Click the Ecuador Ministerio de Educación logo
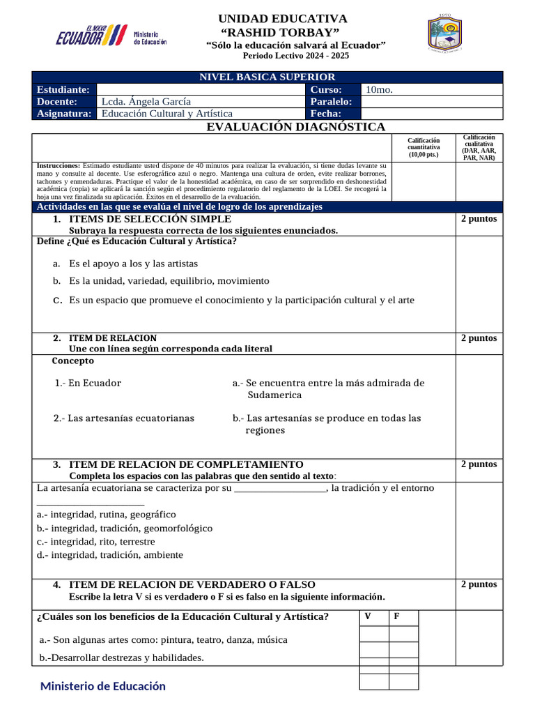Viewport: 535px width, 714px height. pos(111,35)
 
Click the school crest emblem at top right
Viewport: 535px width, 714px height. pos(443,33)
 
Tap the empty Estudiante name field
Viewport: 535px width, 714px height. pos(199,90)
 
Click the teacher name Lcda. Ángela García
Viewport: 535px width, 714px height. pos(146,102)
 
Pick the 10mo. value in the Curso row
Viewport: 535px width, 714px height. pos(380,90)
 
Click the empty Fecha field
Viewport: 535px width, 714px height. pos(431,114)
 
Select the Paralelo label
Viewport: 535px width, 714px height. pos(332,102)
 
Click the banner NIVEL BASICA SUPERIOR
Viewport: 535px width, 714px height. pos(267,77)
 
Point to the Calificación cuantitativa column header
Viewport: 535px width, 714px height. pos(424,147)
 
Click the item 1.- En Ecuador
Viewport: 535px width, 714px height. pos(88,383)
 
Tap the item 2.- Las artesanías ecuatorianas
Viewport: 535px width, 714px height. pos(124,418)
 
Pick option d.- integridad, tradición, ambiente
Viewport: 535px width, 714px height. pos(109,555)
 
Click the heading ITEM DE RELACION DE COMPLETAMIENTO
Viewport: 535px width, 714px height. pos(186,464)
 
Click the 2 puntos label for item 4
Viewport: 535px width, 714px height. pos(479,584)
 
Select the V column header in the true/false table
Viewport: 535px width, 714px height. pos(368,616)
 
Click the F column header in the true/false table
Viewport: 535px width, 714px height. pos(396,616)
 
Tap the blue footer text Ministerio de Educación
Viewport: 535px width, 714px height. pos(103,686)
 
